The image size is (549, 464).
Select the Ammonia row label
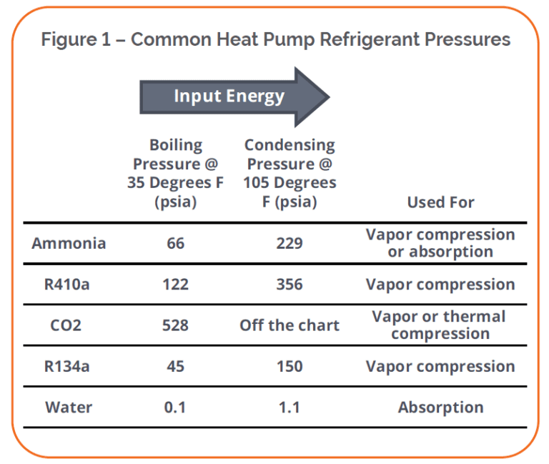[69, 243]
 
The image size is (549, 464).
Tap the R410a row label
[69, 285]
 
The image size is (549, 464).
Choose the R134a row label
[69, 367]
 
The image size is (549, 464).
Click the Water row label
[69, 408]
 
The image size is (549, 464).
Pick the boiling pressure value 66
[175, 243]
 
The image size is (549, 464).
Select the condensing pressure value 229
[290, 243]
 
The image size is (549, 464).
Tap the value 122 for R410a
[175, 285]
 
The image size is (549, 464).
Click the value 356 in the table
[290, 285]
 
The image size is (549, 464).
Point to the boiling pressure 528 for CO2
[175, 325]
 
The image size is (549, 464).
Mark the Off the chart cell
[290, 325]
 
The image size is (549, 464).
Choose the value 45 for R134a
[175, 367]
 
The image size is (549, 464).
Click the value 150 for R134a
[290, 367]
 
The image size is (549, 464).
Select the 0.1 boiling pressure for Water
[175, 408]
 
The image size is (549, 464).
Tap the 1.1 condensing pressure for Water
[290, 408]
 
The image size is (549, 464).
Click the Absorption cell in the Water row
[440, 408]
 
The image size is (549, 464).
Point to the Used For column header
[440, 202]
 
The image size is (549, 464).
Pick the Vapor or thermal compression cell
[440, 325]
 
